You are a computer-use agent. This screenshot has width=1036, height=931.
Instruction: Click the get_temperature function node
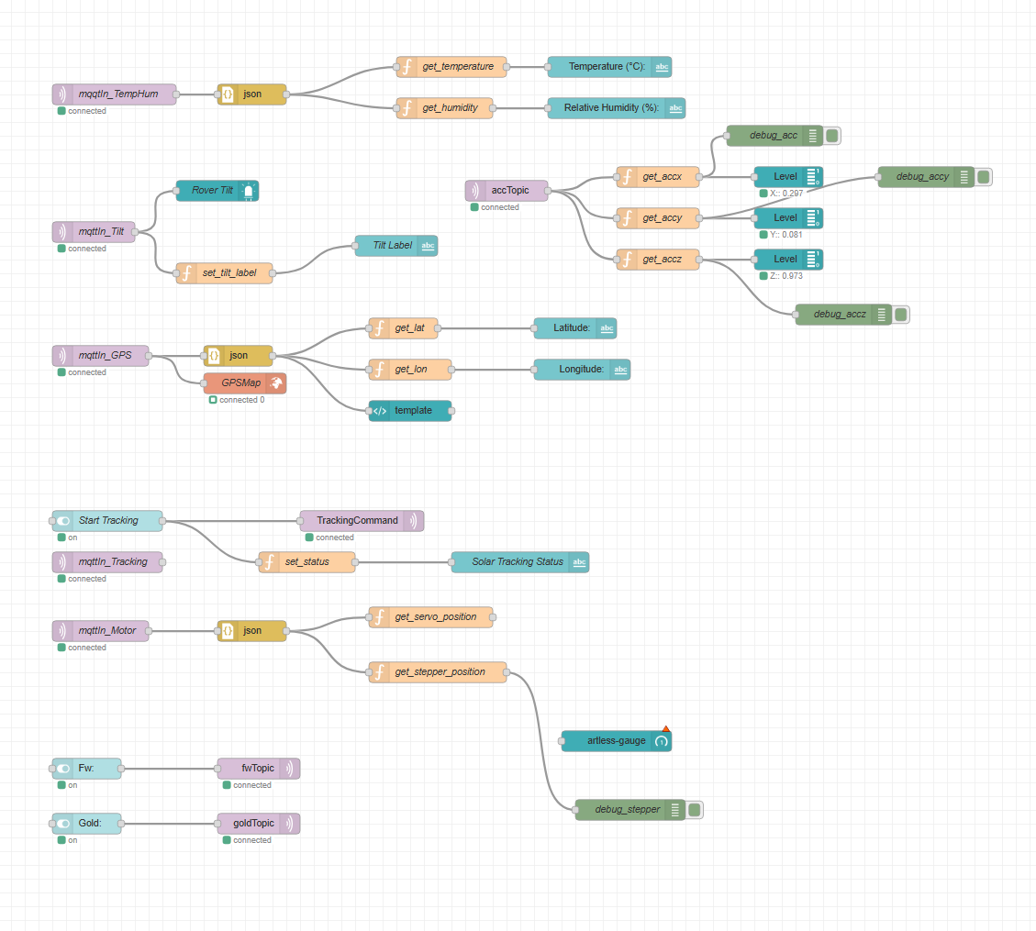[x=457, y=67]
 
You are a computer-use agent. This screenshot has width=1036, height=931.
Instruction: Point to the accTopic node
[x=509, y=191]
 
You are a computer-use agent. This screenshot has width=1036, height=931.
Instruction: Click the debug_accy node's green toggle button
[x=983, y=177]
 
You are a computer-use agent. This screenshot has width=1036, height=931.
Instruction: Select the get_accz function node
[x=657, y=260]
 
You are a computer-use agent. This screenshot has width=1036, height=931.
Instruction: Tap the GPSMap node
[x=244, y=383]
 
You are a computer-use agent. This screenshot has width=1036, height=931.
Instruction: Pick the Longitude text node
[x=581, y=370]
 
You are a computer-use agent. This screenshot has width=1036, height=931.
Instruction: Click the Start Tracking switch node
[x=108, y=521]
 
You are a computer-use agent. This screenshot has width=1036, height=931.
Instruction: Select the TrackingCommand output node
[x=362, y=521]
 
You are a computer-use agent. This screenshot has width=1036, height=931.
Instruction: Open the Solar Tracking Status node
[x=519, y=562]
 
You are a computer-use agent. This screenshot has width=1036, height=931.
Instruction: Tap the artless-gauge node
[x=616, y=741]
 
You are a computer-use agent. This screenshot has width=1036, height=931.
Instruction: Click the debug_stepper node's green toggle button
[x=695, y=810]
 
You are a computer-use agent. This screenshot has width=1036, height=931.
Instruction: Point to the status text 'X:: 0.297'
[x=786, y=194]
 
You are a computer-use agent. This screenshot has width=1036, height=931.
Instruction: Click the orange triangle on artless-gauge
[x=666, y=728]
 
